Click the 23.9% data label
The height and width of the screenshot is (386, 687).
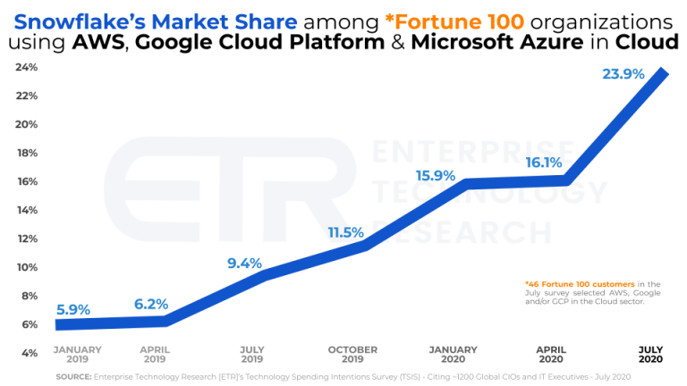(623, 75)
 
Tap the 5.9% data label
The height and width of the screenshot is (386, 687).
(72, 309)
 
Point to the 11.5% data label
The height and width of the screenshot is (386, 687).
(345, 232)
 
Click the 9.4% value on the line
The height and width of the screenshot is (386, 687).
(244, 263)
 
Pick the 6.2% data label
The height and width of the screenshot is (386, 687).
(151, 304)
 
